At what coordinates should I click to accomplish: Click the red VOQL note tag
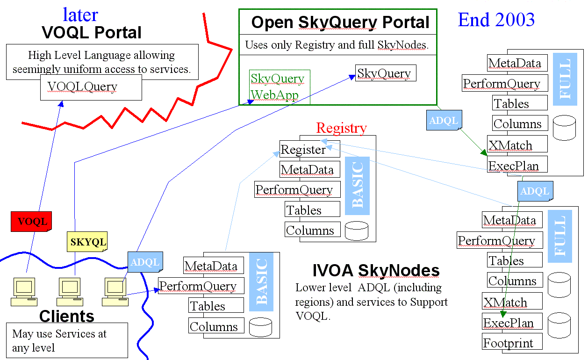pos(31,221)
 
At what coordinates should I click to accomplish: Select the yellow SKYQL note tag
pos(87,243)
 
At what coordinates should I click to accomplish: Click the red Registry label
pos(341,128)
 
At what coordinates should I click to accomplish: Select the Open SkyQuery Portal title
pos(340,22)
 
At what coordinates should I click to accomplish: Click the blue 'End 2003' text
pos(496,20)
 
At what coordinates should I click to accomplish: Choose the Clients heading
pos(66,316)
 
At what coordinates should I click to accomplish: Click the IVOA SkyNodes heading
pos(376,271)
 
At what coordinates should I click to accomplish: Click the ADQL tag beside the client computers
pos(145,262)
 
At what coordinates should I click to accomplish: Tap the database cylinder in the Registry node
pos(356,230)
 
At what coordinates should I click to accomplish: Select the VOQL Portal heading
pos(92,33)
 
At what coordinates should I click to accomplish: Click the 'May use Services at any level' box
pos(67,340)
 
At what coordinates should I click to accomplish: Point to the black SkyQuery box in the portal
pos(385,73)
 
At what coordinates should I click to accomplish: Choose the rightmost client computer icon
pos(115,291)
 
